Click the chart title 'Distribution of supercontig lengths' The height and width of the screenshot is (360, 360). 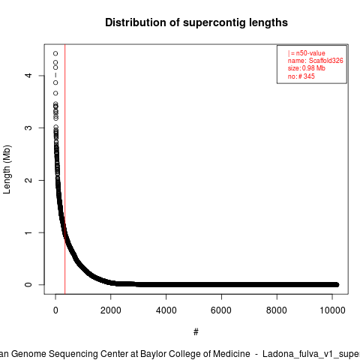click(196, 22)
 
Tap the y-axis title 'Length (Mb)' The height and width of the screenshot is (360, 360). click(7, 169)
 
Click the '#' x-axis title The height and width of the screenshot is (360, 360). click(196, 332)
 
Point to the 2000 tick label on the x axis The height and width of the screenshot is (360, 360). click(111, 310)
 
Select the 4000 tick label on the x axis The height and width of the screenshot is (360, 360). click(166, 310)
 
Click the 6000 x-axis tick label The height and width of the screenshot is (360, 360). click(221, 310)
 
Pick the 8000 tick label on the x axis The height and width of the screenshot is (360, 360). click(277, 310)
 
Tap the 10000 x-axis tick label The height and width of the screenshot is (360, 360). click(332, 310)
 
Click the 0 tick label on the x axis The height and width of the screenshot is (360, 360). click(55, 310)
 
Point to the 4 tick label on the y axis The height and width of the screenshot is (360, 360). click(28, 76)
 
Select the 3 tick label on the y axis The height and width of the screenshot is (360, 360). click(28, 127)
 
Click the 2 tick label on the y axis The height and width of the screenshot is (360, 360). click(28, 180)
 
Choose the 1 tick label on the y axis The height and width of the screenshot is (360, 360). click(28, 232)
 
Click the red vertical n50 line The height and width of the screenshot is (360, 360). click(65, 169)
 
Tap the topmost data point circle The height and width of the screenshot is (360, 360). click(55, 53)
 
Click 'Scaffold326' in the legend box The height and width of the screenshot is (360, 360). click(326, 61)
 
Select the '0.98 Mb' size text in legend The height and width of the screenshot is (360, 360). click(313, 68)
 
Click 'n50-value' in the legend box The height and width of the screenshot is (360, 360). click(310, 53)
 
